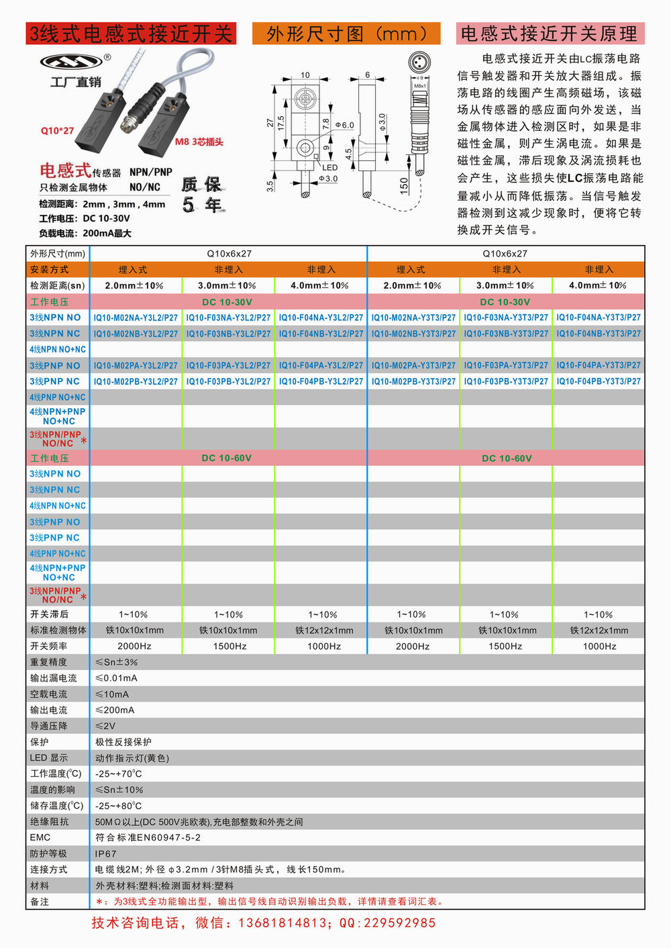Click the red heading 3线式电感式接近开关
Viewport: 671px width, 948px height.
131,34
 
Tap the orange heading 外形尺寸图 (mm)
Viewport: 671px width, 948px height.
346,34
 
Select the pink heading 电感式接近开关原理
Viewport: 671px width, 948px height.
550,34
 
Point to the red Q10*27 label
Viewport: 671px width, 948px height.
57,130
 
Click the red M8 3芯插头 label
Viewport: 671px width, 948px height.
199,142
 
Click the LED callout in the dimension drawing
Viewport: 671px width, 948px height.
329,167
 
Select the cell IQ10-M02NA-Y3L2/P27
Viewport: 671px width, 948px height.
136,318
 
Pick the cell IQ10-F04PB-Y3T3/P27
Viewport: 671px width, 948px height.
599,381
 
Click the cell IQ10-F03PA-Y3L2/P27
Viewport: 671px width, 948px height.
228,366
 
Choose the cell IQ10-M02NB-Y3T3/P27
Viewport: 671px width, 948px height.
413,334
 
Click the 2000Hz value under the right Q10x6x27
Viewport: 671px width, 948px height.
413,647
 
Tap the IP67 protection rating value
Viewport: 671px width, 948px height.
106,854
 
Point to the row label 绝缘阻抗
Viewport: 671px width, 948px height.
49,822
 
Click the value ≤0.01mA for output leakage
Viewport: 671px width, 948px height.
116,678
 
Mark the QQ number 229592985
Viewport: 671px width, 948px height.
399,923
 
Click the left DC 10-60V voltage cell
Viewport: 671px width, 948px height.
227,459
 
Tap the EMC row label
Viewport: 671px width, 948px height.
40,838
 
